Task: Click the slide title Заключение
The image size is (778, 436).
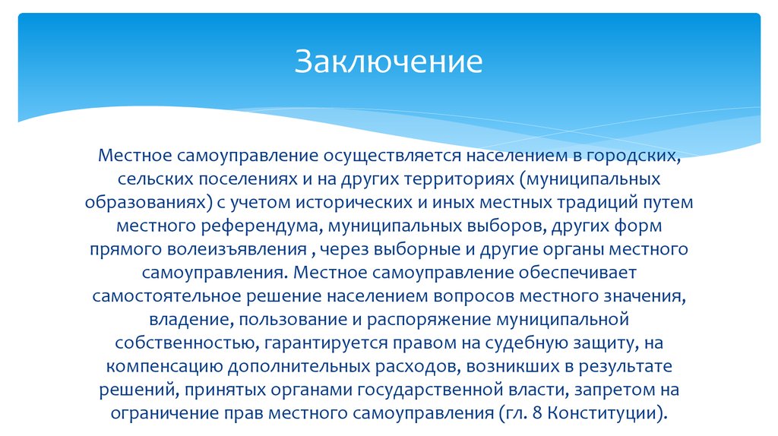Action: tap(388, 62)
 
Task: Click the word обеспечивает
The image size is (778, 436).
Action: tap(577, 273)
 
